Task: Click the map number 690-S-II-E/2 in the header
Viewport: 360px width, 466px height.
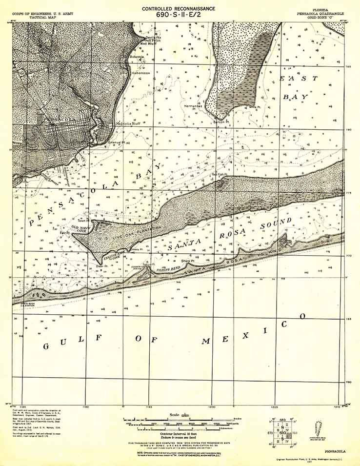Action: pyautogui.click(x=179, y=15)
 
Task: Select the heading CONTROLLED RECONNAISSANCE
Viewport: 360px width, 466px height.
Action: pyautogui.click(x=179, y=8)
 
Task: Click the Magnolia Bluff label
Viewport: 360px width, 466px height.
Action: pyautogui.click(x=128, y=124)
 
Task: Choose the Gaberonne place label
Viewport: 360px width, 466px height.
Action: pyautogui.click(x=141, y=73)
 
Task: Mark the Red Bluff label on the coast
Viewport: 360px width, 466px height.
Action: pyautogui.click(x=148, y=43)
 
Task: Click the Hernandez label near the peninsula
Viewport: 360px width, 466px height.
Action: pyautogui.click(x=193, y=106)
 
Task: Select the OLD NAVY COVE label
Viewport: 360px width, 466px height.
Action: pyautogui.click(x=82, y=228)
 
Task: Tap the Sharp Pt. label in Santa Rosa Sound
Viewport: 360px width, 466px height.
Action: pyautogui.click(x=188, y=262)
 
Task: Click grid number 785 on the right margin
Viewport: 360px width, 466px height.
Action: pyautogui.click(x=348, y=67)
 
